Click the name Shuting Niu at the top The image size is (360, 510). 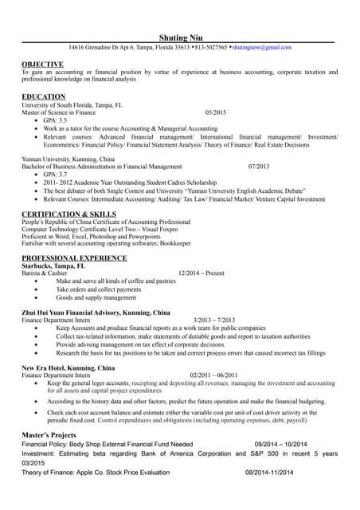coord(180,37)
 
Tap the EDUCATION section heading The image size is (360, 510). coord(44,96)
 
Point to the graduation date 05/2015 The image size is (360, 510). coord(216,112)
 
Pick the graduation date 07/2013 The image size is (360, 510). coord(259,166)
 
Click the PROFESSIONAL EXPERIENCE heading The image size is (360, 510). coord(74,258)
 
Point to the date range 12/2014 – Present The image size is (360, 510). coord(202,273)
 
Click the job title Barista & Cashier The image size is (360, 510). coord(45,273)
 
